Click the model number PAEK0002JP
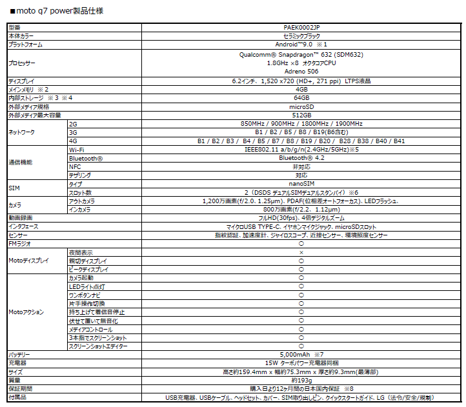click(x=301, y=28)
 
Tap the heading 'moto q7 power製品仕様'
click(x=57, y=11)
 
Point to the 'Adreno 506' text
click(x=301, y=72)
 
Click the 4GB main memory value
click(x=301, y=90)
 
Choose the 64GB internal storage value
click(x=301, y=98)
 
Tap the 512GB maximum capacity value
click(x=301, y=115)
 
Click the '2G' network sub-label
click(x=73, y=124)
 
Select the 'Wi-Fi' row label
click(x=77, y=150)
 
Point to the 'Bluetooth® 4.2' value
click(x=301, y=158)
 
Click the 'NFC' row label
click(x=75, y=167)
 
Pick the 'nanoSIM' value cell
click(x=301, y=184)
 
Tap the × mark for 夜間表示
click(x=301, y=252)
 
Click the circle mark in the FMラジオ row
click(x=301, y=244)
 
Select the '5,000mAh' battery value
click(x=295, y=355)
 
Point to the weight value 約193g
click(x=301, y=381)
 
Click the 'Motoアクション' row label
click(x=26, y=312)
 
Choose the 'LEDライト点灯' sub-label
click(x=86, y=287)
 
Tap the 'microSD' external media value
click(x=301, y=107)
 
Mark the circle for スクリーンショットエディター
click(x=301, y=346)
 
